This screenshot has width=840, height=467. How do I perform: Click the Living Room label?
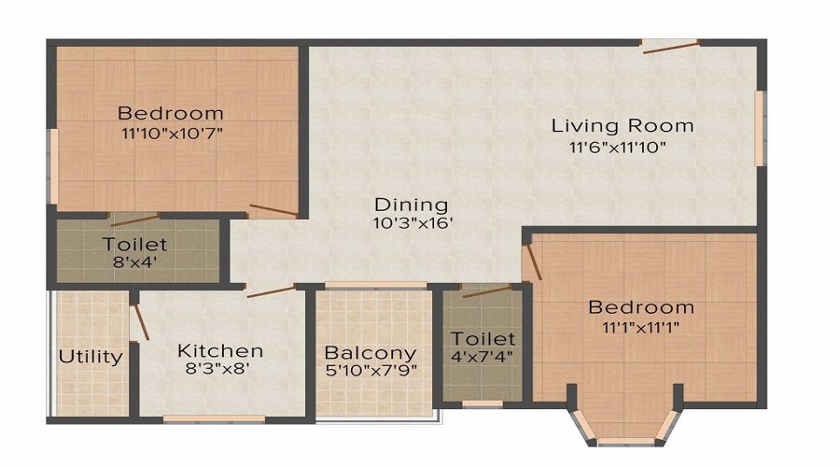(x=622, y=125)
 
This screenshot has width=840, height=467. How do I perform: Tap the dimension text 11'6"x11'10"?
(x=618, y=147)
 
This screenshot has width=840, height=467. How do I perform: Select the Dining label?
(x=411, y=205)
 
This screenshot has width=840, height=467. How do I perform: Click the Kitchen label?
(x=220, y=351)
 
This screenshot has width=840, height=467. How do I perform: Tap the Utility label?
(x=91, y=357)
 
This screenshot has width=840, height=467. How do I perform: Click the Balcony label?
(x=370, y=354)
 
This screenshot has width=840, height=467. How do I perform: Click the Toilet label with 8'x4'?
(x=135, y=245)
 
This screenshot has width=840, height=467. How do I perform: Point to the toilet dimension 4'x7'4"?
(x=483, y=356)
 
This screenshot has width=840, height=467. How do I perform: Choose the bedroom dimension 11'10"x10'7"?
(x=171, y=134)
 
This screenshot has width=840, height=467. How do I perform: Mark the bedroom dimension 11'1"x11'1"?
(x=640, y=327)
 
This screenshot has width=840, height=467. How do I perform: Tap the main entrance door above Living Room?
(x=670, y=46)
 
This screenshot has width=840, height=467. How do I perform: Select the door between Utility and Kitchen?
(x=140, y=320)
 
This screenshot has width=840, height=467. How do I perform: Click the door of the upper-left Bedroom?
(x=273, y=209)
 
